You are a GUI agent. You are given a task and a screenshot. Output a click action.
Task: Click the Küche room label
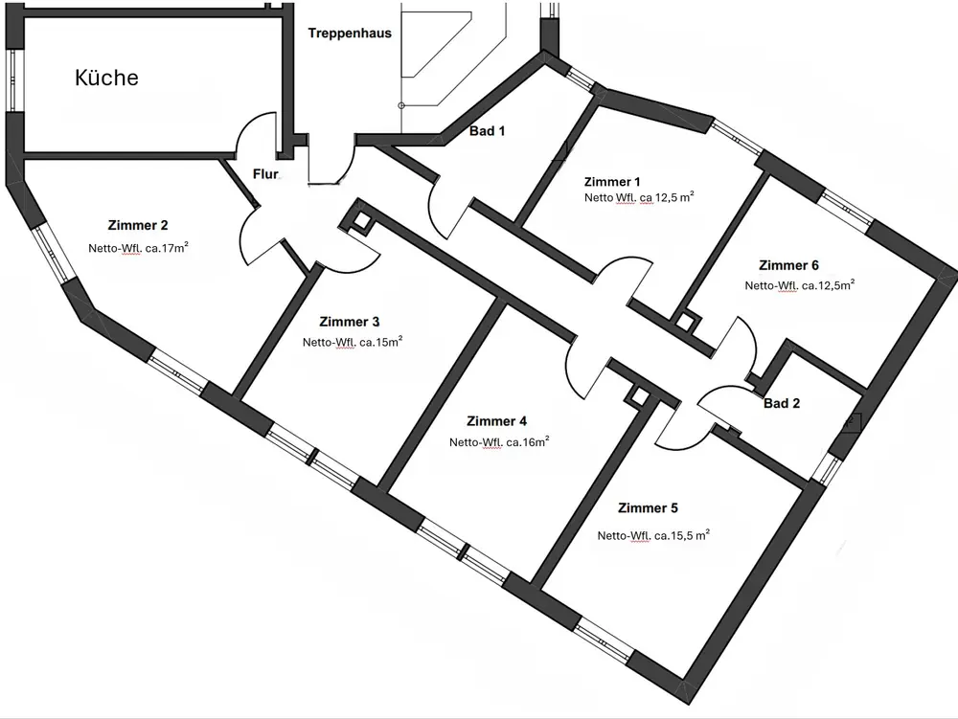[x=106, y=79]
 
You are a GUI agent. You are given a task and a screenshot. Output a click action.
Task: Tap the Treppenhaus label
[x=350, y=34]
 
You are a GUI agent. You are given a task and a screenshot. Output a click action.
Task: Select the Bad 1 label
[x=487, y=131]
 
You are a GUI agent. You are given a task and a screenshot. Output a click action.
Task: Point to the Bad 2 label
[x=782, y=403]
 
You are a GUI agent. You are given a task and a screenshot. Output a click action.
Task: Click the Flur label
[x=264, y=175]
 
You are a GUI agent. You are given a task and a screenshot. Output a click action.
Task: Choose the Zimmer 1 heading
[x=611, y=182]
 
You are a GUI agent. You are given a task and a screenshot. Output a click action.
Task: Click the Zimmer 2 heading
[x=139, y=226]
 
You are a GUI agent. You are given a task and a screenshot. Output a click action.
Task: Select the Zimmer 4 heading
[x=496, y=421]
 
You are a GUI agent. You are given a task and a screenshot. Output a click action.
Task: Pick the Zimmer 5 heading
[x=649, y=508]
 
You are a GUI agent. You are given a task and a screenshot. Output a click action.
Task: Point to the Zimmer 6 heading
[x=788, y=265]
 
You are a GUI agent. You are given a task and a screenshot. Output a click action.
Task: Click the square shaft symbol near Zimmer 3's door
[x=362, y=221]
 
